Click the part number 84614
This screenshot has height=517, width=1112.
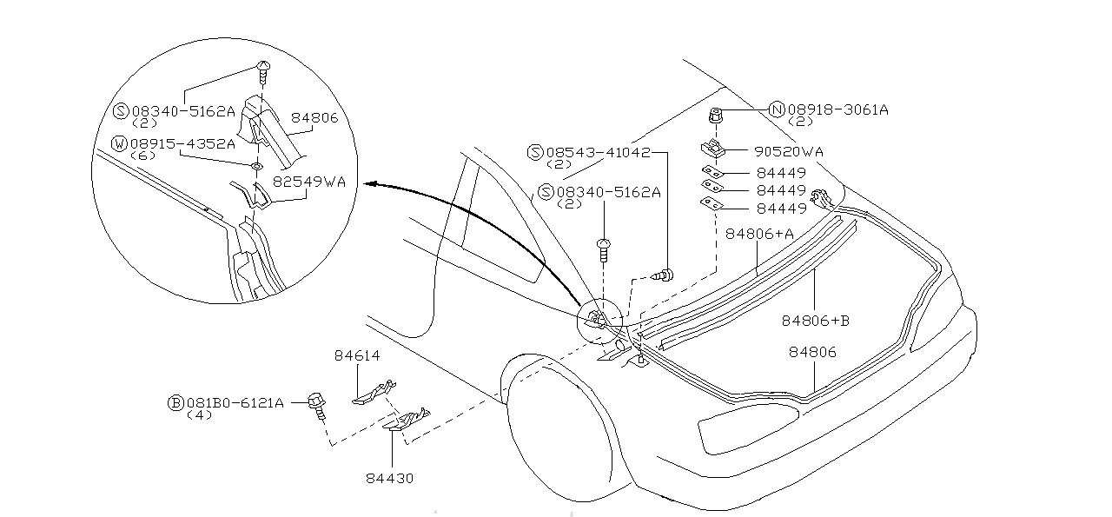point(357,355)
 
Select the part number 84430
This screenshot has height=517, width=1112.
point(389,478)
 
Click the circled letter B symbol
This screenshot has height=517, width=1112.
point(175,403)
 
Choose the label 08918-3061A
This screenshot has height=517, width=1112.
point(838,109)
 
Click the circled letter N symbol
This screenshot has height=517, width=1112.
point(777,109)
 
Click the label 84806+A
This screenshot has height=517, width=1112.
point(760,234)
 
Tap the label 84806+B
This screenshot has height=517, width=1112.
point(815,321)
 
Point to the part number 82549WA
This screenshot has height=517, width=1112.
point(309,182)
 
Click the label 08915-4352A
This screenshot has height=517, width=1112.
point(182,143)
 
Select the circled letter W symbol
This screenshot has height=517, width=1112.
point(120,143)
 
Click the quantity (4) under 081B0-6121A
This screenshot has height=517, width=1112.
point(200,415)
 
